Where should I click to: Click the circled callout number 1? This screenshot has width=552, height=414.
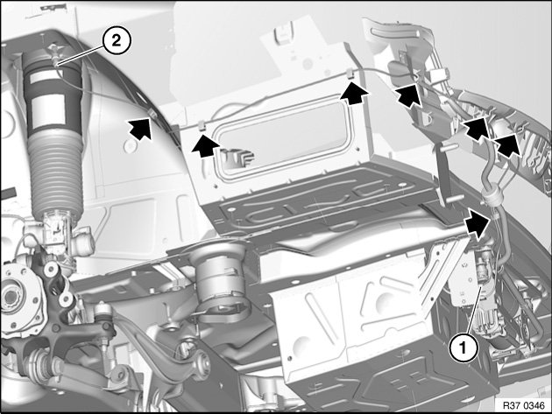coord(463,347)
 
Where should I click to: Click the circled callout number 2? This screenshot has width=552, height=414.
coord(117,41)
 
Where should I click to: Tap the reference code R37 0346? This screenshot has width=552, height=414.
coord(523,405)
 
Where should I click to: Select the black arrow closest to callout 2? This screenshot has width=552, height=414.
coord(140,127)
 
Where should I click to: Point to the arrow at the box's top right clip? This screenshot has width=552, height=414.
coord(356,93)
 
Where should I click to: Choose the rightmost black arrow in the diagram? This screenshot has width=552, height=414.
coord(507,144)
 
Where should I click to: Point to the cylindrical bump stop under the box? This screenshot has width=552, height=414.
coord(219,281)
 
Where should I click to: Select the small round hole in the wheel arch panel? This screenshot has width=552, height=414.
coord(130,145)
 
